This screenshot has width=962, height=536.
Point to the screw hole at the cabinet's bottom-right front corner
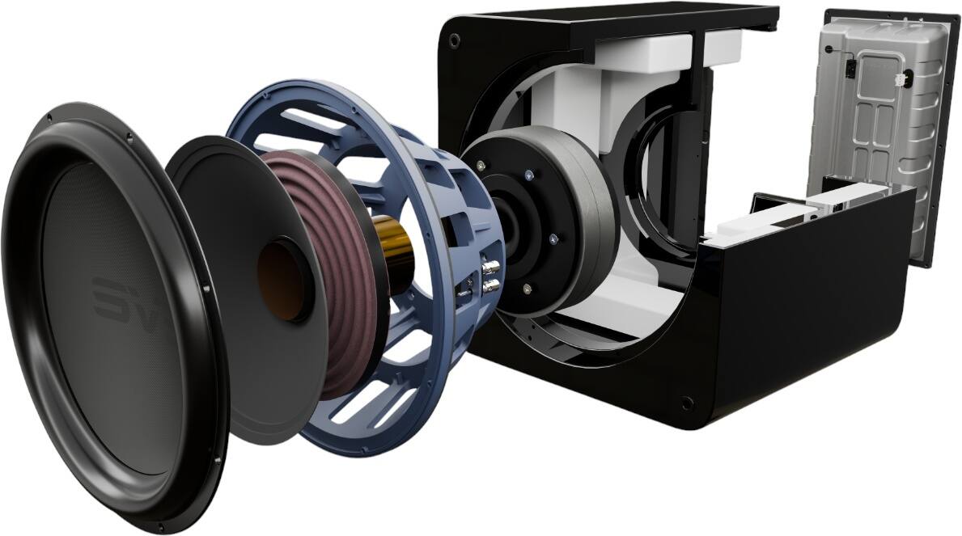pyautogui.click(x=687, y=399)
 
